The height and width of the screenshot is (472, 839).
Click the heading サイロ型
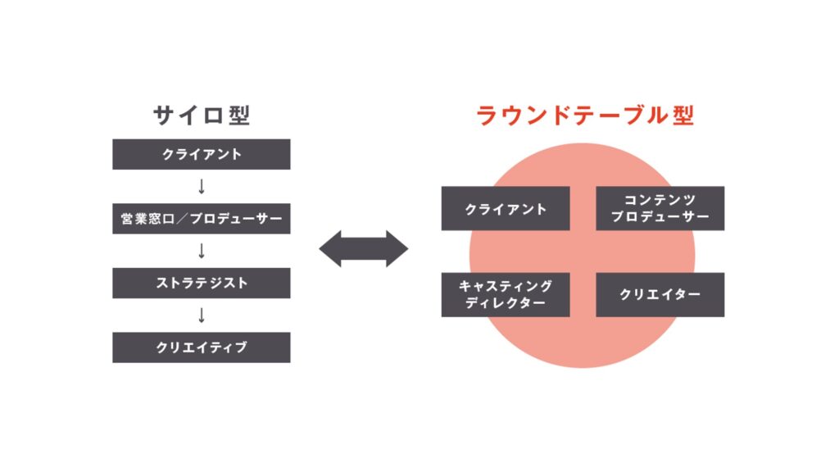pos(201,116)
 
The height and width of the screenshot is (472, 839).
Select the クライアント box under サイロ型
pos(201,154)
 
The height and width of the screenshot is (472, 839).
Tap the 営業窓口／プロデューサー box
pos(201,219)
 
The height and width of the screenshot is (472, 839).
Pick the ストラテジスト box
pos(201,283)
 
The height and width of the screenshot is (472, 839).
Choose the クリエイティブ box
pos(201,347)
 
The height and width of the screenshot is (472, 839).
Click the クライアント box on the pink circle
pos(505,209)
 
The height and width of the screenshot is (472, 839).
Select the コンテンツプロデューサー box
pos(660,209)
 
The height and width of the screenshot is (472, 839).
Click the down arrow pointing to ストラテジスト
pos(202,251)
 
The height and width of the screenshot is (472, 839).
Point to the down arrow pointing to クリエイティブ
pos(202,315)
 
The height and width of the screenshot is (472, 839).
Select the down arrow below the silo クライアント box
pos(202,187)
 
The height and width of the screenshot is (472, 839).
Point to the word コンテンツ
pos(660,201)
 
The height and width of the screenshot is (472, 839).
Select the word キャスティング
pos(506,287)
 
